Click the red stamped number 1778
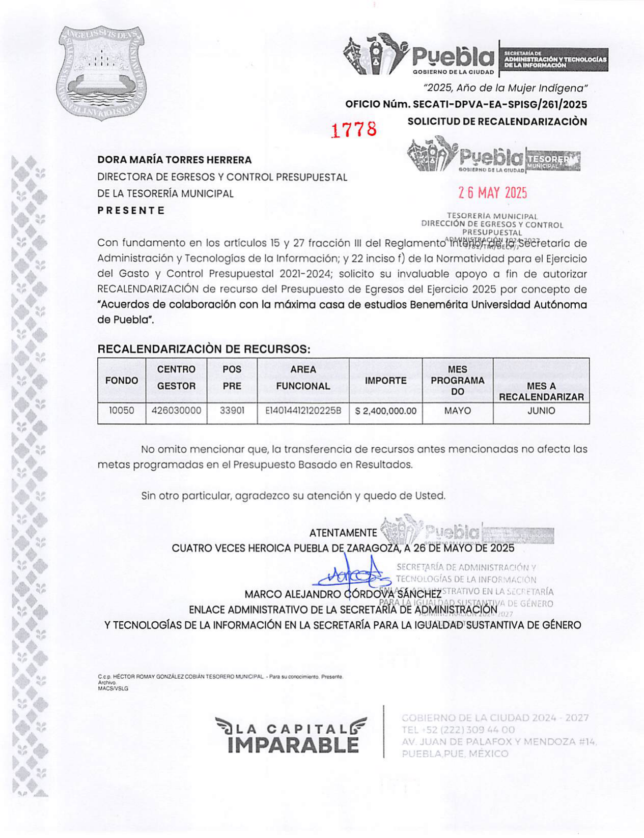tap(354, 130)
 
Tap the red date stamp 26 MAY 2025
tap(492, 193)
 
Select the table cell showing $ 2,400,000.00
tap(385, 411)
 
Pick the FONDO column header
tap(122, 381)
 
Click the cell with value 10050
tap(122, 411)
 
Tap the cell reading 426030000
tap(176, 411)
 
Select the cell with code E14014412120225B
tap(303, 411)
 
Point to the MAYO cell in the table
tap(457, 411)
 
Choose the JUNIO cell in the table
tap(541, 411)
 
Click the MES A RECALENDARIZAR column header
tap(541, 391)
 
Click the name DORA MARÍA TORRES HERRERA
tap(175, 160)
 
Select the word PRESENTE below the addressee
tap(131, 211)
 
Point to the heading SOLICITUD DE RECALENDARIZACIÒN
tap(497, 122)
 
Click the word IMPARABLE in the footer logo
tap(293, 745)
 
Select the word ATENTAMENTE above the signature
tap(343, 533)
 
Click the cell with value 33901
tap(232, 411)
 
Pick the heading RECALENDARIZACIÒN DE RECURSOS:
tap(204, 350)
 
